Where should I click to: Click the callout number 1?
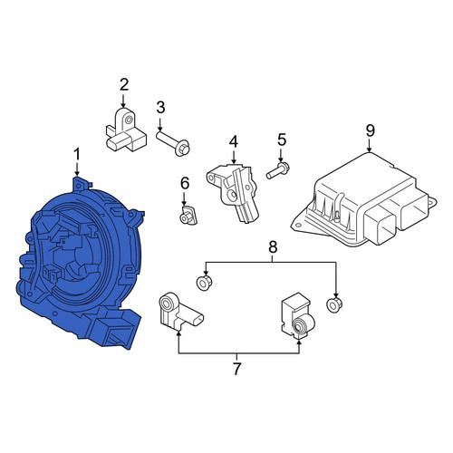[77, 154]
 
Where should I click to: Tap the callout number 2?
[124, 85]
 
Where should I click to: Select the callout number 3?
[160, 108]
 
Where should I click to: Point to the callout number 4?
[234, 142]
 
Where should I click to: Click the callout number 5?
[281, 140]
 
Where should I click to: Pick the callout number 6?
[185, 183]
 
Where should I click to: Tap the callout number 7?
[236, 369]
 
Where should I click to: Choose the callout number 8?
[273, 247]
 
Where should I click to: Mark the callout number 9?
[370, 130]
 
